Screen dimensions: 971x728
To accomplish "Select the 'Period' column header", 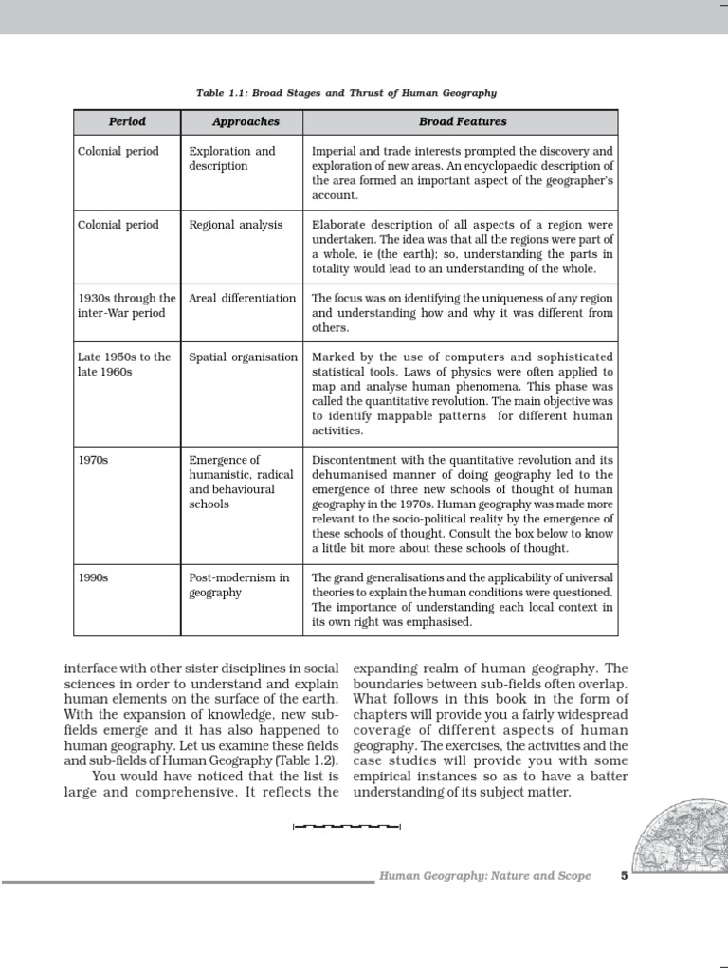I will [x=127, y=122].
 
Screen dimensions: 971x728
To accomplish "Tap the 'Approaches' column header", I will [x=246, y=122].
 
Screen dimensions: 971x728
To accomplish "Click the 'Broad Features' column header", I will [x=463, y=122].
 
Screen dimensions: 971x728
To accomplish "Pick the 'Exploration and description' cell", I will [x=232, y=158].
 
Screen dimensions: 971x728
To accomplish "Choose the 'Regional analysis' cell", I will [x=236, y=225].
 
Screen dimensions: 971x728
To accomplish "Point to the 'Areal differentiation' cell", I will [x=243, y=298].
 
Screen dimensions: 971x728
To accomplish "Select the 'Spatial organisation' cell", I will [x=243, y=357].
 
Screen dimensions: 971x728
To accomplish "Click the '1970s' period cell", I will [x=93, y=460].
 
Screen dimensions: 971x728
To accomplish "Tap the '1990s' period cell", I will [x=93, y=577].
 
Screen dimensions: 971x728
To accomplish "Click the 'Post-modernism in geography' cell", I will [x=239, y=585].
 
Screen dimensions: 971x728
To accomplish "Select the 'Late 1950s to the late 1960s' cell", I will [x=123, y=364].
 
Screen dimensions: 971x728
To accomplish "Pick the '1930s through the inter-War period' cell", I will [x=126, y=305].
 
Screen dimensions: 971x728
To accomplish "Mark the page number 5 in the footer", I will [x=624, y=876].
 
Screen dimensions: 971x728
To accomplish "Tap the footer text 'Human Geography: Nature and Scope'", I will [x=484, y=876].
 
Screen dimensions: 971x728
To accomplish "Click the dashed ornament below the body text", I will [x=347, y=827].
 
